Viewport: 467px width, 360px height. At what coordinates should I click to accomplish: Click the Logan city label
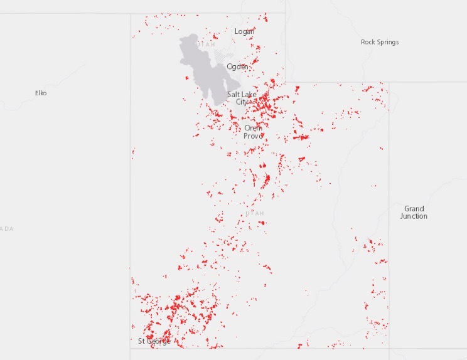[245, 31]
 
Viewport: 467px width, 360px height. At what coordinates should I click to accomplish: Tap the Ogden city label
[237, 66]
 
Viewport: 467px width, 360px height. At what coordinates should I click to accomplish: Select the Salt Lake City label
[242, 98]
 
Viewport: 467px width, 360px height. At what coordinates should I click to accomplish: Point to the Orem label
[253, 128]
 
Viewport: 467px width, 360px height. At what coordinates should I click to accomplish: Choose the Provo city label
[253, 135]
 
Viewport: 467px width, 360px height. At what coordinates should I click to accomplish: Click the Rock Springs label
[380, 42]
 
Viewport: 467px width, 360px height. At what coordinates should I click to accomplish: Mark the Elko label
[41, 93]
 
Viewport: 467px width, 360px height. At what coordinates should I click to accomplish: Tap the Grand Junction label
[414, 212]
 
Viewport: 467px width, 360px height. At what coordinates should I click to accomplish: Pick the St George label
[154, 341]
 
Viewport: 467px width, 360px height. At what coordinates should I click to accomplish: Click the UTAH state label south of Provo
[255, 213]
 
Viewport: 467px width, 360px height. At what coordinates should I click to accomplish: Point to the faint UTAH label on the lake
[207, 45]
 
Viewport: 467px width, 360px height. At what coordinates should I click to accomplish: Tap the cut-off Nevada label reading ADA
[6, 228]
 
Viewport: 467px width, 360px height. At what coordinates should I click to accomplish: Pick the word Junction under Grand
[414, 216]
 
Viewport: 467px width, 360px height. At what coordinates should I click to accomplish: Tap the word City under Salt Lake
[242, 102]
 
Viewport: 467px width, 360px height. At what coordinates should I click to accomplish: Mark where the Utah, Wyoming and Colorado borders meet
[389, 82]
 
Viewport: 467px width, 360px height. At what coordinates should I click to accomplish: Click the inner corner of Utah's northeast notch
[287, 82]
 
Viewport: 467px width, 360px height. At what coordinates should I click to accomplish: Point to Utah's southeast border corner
[389, 348]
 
